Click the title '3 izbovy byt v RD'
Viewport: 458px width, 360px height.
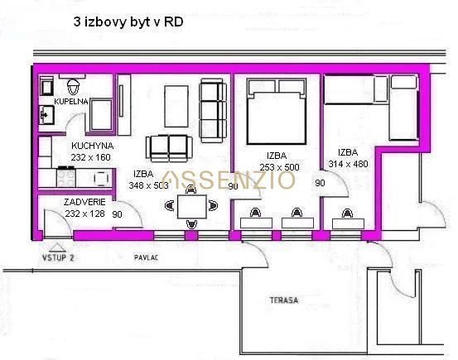128,22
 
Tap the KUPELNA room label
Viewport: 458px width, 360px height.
71,101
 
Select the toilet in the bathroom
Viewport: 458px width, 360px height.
74,86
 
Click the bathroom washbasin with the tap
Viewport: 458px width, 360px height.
46,115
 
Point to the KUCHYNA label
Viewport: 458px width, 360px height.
92,146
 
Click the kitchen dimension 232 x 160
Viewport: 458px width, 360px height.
91,157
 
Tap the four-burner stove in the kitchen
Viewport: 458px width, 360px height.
66,178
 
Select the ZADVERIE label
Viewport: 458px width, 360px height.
84,202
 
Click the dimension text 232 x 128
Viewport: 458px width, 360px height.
84,214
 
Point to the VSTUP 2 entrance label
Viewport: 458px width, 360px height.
58,258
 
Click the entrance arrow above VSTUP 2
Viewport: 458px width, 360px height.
57,247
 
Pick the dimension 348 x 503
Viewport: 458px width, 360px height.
149,185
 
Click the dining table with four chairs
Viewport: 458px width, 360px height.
191,206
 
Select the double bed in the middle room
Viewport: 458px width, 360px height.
277,111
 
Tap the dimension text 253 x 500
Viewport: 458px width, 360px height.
280,167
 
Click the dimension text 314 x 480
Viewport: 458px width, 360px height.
348,164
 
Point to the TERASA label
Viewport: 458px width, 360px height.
284,300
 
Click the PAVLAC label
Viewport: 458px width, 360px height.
146,257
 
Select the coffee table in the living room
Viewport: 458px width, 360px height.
176,106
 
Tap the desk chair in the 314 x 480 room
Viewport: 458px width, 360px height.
347,214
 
